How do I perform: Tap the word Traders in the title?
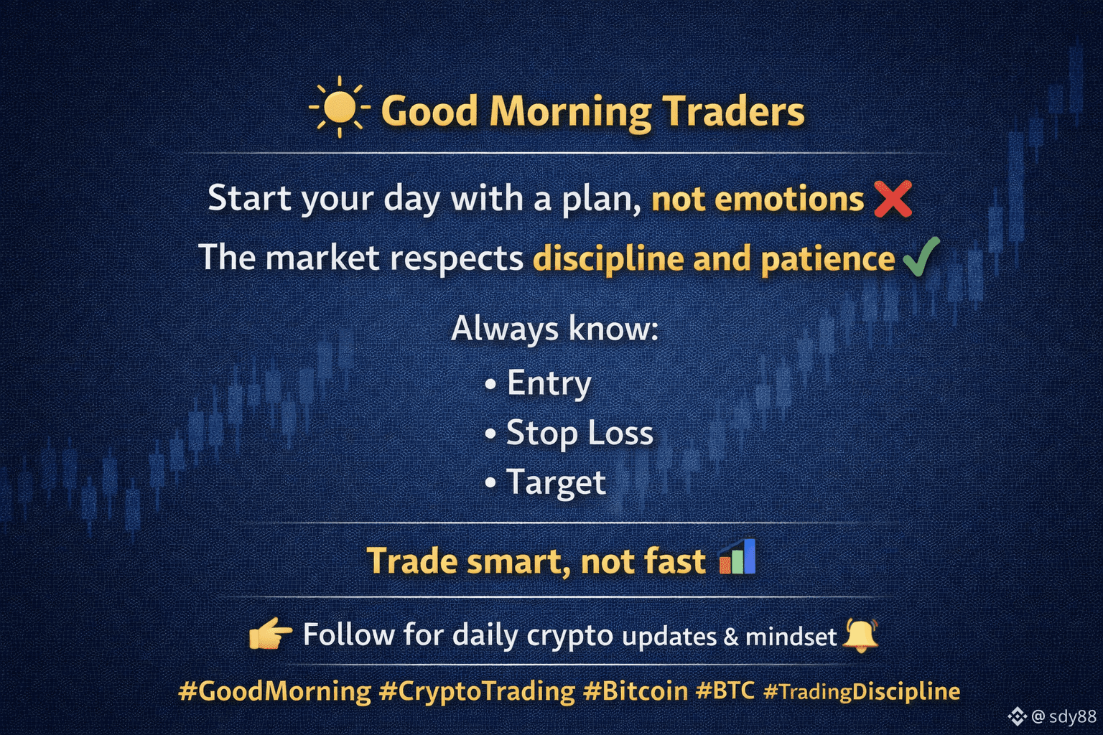click(732, 111)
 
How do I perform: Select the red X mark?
click(893, 199)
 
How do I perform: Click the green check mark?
click(921, 257)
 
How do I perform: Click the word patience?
click(828, 259)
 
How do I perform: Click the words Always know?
click(554, 328)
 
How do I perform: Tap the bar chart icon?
click(737, 556)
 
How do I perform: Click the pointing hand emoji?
click(271, 633)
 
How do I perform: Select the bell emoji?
click(860, 635)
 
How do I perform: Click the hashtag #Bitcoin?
click(636, 690)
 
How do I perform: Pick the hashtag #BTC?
click(725, 690)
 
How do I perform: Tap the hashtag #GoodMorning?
click(275, 691)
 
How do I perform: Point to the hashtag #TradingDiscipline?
click(862, 691)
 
